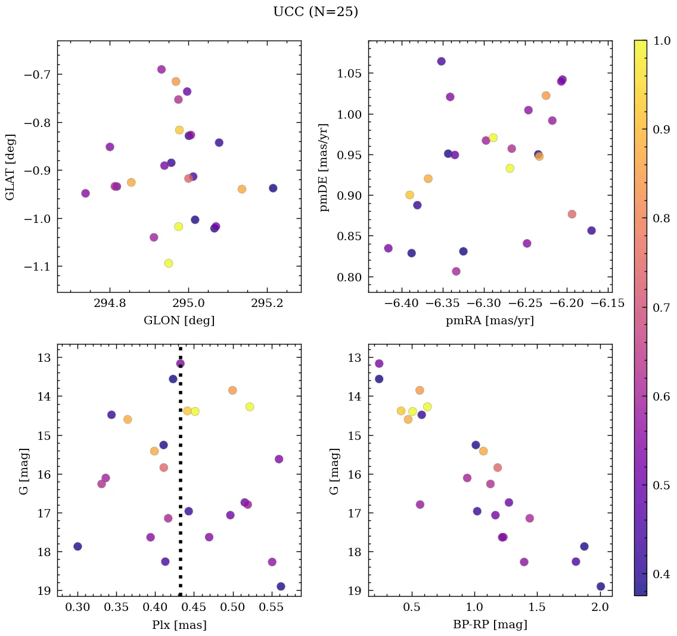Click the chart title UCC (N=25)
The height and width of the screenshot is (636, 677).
pos(315,12)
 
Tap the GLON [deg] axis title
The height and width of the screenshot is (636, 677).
pos(179,321)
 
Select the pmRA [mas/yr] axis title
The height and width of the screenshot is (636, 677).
pos(489,321)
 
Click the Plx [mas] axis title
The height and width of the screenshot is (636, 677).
pos(179,625)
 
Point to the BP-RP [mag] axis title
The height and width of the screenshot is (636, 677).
pos(489,625)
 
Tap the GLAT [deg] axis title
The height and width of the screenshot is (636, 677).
pos(10,166)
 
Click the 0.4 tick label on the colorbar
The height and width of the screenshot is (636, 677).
pos(662,574)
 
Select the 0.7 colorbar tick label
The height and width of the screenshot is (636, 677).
pos(662,307)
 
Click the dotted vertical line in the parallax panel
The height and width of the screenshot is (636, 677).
pos(180,477)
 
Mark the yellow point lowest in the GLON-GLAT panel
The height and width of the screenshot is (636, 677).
pos(169,263)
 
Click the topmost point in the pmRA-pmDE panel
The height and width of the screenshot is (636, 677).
pos(441,61)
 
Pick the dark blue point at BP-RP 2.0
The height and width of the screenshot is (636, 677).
pos(601,586)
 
